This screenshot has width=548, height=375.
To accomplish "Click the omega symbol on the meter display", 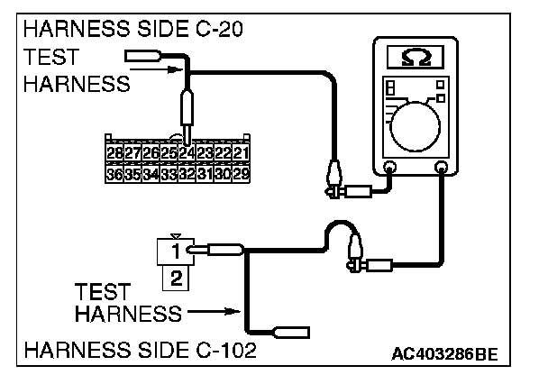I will [414, 58].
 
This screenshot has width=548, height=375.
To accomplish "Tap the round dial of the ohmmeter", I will [416, 122].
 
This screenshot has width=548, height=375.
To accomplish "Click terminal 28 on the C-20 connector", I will [114, 152].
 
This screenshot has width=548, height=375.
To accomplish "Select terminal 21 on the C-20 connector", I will [239, 152].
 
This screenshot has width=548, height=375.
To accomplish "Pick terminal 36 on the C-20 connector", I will [114, 172].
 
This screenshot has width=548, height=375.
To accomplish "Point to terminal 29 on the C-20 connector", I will [239, 172].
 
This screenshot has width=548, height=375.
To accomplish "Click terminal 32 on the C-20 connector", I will [186, 172].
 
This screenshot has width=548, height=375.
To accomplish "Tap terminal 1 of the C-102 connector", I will [178, 246].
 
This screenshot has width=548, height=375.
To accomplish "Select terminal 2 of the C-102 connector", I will [178, 278].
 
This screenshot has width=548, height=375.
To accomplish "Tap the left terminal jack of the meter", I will [389, 168].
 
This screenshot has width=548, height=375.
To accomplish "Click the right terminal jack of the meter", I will [441, 168].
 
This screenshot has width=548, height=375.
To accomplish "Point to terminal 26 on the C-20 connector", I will [150, 152].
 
